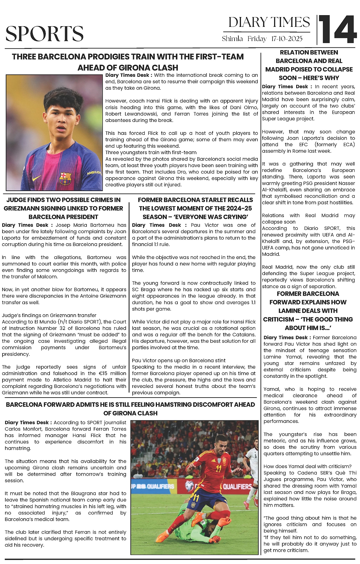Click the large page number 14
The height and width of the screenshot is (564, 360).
click(338, 30)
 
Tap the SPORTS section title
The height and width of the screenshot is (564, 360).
click(45, 34)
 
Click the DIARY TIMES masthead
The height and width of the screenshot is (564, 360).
click(269, 22)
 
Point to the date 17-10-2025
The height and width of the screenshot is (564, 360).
click(287, 39)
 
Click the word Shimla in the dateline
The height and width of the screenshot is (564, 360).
click(232, 39)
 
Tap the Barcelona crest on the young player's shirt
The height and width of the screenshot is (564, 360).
click(65, 178)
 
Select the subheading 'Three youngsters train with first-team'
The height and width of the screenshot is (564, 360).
click(151, 153)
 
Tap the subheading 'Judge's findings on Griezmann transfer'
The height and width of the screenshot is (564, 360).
click(49, 315)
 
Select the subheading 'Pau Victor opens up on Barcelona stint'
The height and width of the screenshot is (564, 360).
click(179, 360)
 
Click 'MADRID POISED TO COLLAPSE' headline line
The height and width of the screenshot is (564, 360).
click(309, 69)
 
